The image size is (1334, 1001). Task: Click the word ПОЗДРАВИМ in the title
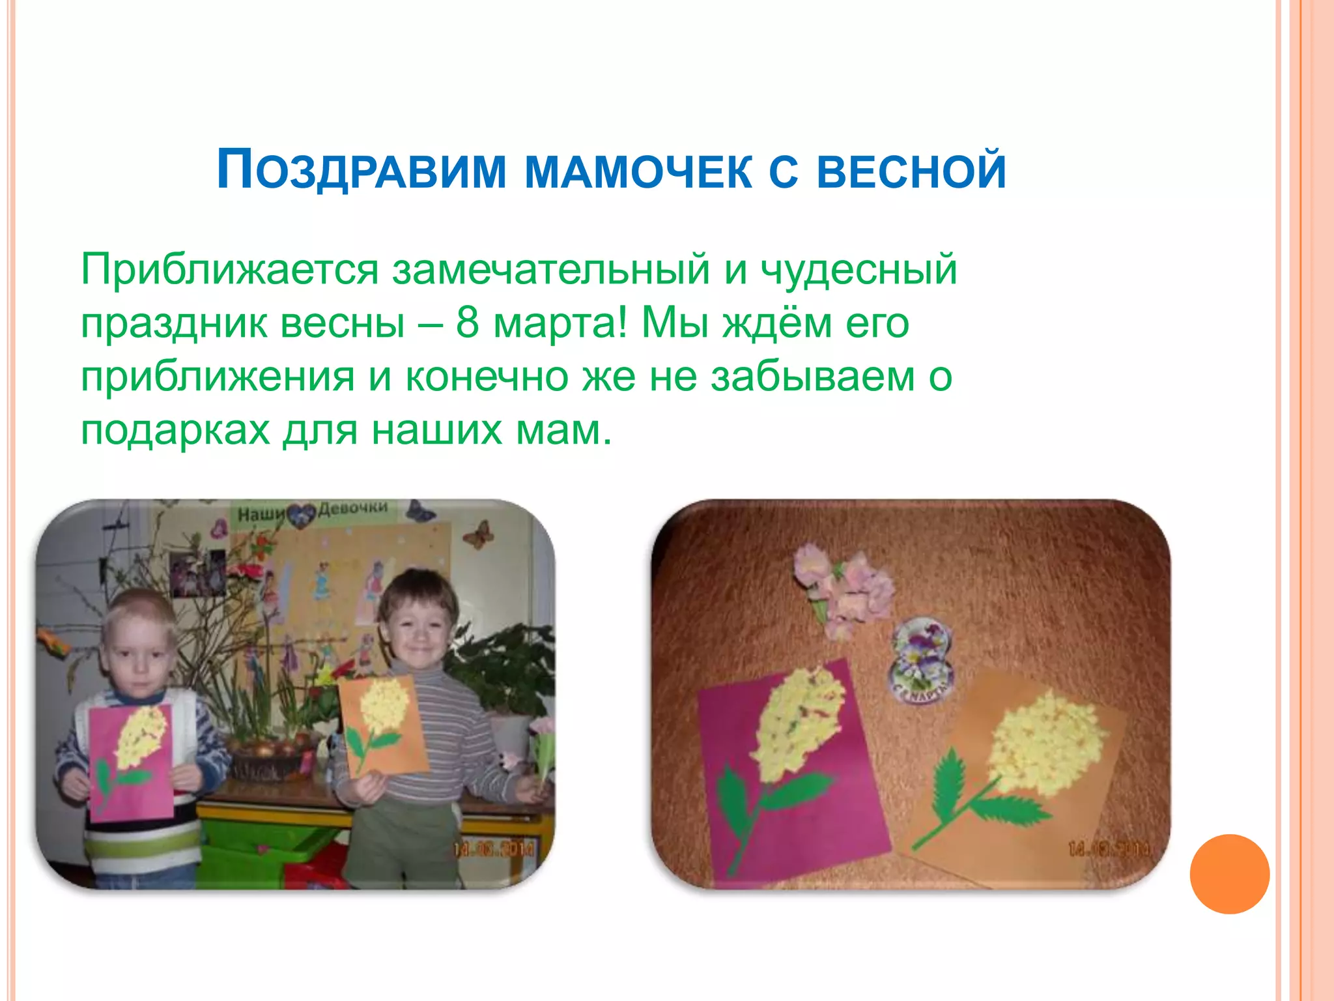pos(362,171)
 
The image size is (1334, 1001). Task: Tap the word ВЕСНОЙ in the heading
pos(911,171)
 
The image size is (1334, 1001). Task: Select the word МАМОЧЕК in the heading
pos(638,171)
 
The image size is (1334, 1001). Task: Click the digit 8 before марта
pos(467,323)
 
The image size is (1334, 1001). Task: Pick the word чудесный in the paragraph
pos(859,269)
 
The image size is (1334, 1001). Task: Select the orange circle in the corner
pos(1229,874)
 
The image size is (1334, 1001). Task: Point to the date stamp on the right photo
pos(1108,849)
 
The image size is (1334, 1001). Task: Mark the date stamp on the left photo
pos(493,849)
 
